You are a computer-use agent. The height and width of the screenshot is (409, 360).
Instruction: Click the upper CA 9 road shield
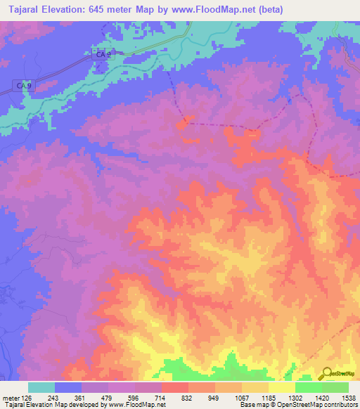pos(104,53)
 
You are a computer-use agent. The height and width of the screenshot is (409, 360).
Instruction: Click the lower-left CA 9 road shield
pos(24,85)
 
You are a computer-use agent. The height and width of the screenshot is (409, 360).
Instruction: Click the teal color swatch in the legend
pos(41,387)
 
